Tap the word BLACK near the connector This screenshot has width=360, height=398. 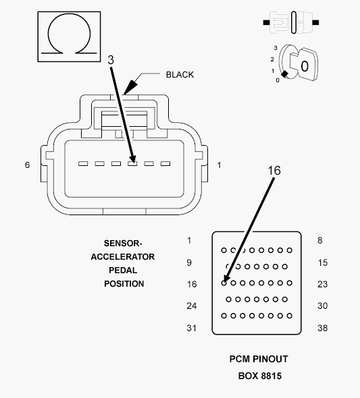(x=180, y=75)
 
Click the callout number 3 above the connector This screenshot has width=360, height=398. (x=111, y=60)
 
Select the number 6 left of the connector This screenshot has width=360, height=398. (x=28, y=165)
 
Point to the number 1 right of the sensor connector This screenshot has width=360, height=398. (x=219, y=165)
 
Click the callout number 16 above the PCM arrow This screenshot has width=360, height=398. (x=274, y=171)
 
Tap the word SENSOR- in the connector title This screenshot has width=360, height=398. (x=123, y=244)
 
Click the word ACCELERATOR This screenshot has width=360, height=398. (x=123, y=257)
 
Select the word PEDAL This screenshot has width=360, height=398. (x=123, y=271)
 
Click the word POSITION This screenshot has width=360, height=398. (x=124, y=284)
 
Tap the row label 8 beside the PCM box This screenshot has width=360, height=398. (x=320, y=240)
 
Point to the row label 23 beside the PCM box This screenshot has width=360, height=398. (x=322, y=284)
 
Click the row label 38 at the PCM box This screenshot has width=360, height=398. (x=322, y=328)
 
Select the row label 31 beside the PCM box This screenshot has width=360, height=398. (x=192, y=328)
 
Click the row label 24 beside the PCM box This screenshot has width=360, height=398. (x=192, y=306)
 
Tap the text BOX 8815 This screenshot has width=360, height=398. (x=260, y=376)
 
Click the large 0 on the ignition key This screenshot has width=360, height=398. (x=305, y=66)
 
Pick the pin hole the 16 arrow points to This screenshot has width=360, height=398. (x=224, y=283)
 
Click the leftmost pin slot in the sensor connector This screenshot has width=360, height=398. (x=83, y=164)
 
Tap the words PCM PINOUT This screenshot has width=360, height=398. (x=259, y=359)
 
